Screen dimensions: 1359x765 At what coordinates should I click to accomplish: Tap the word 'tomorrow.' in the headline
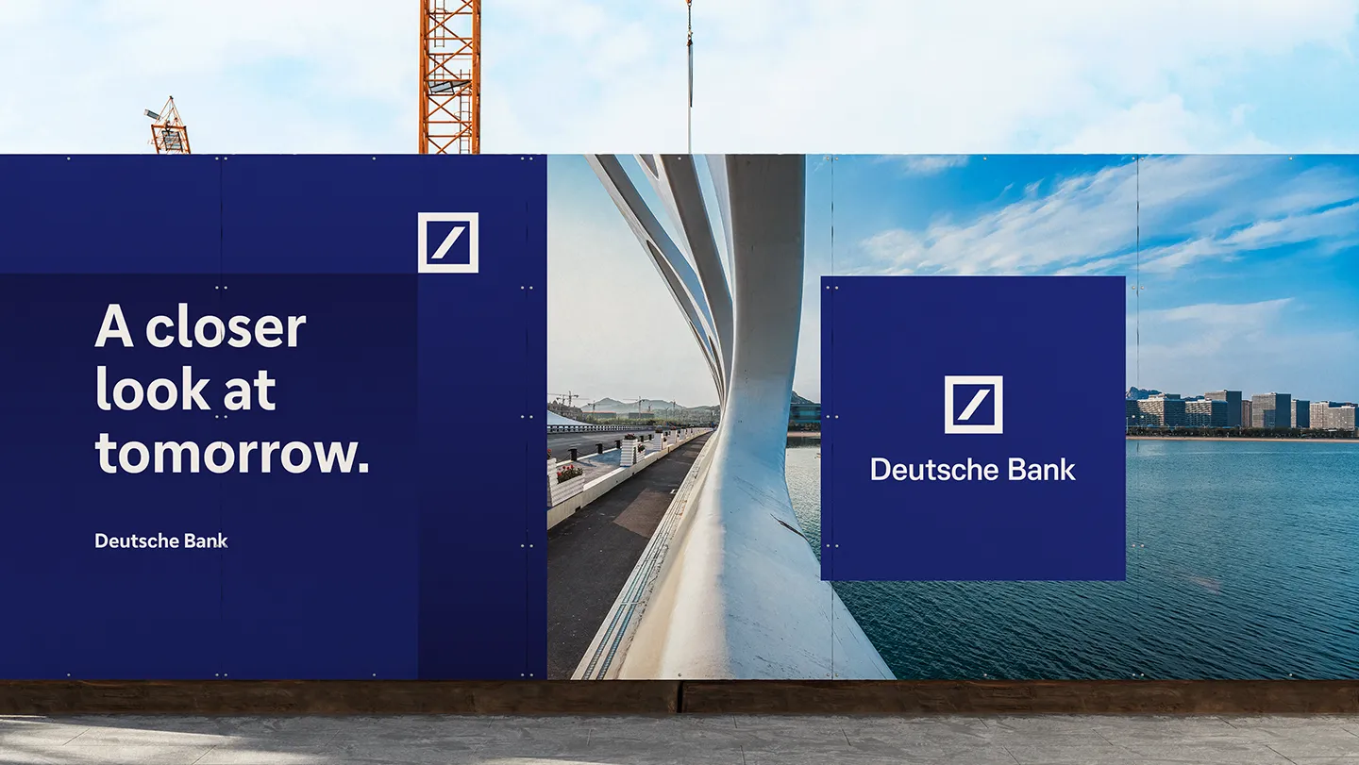point(232,453)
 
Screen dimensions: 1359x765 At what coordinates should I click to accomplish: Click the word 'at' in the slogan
point(249,391)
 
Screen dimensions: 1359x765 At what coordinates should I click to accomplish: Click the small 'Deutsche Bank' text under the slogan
point(160,540)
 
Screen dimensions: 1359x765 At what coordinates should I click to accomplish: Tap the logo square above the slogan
point(447,242)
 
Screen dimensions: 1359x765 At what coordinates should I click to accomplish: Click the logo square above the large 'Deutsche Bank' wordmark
point(973,405)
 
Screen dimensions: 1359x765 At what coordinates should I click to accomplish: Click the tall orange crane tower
point(449,76)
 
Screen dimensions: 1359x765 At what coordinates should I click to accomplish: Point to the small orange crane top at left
point(168,126)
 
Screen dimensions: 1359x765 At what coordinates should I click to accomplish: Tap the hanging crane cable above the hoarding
point(689,76)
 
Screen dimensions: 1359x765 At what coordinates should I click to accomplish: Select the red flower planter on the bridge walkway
point(570,474)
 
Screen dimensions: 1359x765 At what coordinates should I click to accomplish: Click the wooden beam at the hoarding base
point(679,697)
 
